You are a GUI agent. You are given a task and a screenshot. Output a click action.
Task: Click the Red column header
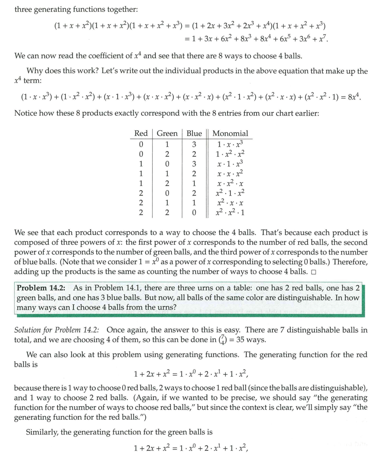141,133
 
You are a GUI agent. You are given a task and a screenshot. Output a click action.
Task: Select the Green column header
167,133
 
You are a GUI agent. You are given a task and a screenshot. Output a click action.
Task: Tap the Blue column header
194,133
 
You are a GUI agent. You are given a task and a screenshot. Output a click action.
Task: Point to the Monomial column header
230,133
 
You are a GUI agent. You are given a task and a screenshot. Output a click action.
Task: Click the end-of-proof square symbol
313,272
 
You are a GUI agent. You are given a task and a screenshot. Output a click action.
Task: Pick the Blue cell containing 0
194,213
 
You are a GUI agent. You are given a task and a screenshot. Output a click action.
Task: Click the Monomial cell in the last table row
230,213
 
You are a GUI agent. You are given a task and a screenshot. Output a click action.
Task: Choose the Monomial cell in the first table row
230,144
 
